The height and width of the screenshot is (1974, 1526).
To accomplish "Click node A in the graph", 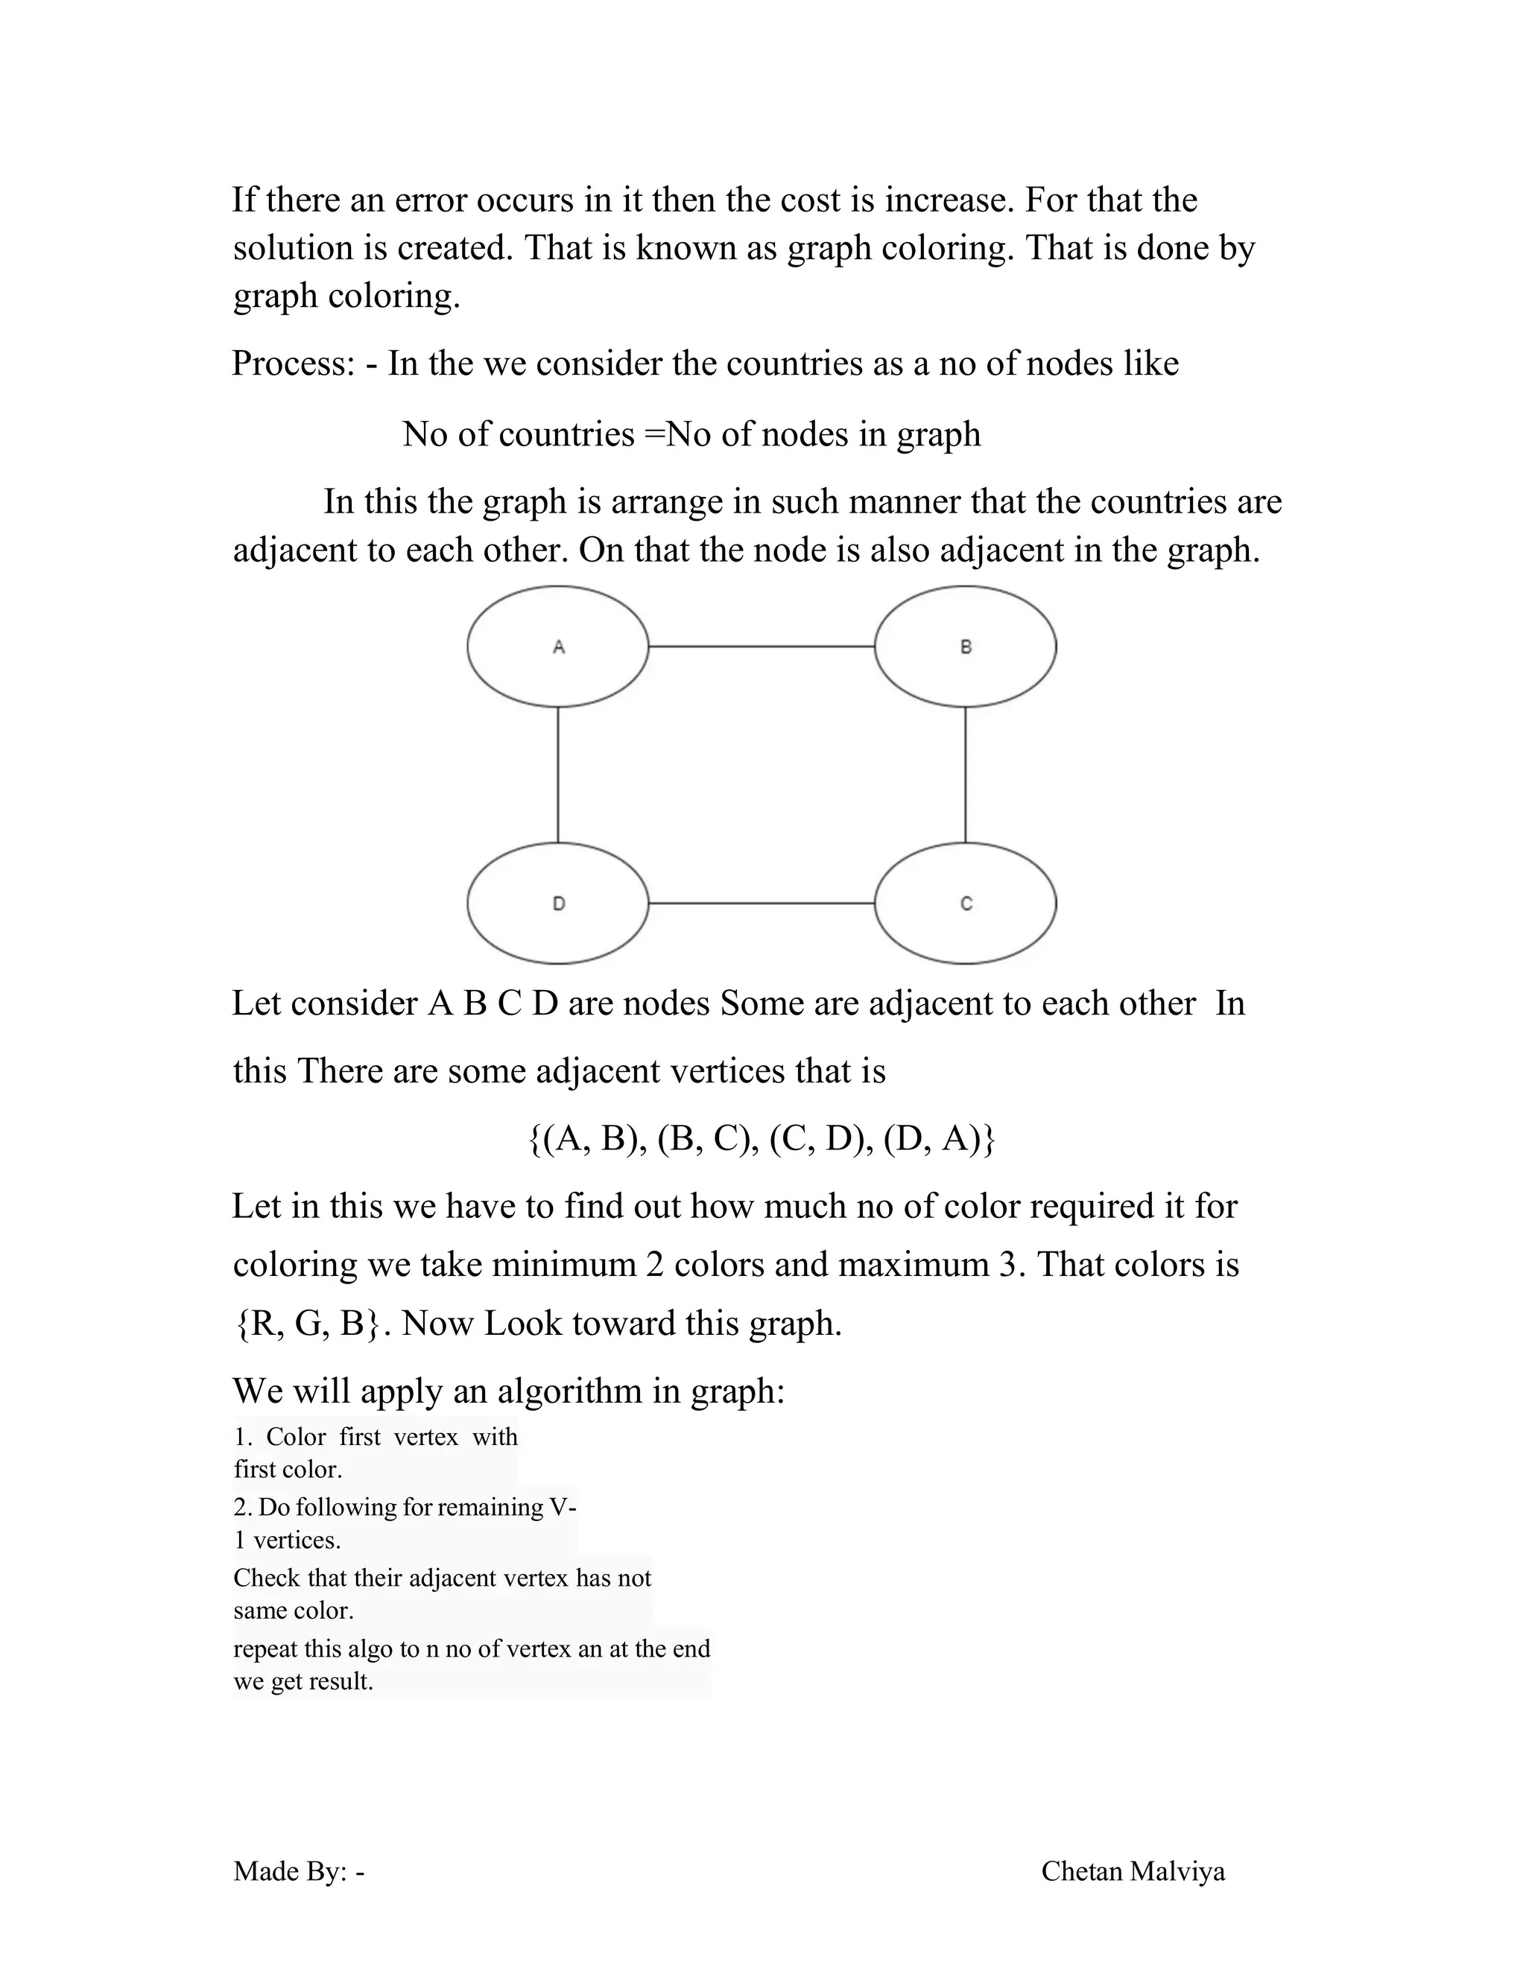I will pos(558,647).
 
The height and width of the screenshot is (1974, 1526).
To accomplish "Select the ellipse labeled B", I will pos(965,647).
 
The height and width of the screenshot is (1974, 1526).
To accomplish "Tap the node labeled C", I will pos(965,903).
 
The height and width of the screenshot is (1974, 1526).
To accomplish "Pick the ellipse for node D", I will pos(558,903).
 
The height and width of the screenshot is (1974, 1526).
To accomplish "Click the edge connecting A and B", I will pos(762,647).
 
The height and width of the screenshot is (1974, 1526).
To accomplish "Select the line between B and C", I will pos(965,775).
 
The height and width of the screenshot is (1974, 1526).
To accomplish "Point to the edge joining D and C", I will pos(762,903).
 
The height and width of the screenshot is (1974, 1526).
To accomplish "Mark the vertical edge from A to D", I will pos(558,775).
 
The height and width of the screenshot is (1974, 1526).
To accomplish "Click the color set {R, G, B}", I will pos(308,1324).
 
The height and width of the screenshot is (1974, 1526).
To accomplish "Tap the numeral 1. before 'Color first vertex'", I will pos(242,1437).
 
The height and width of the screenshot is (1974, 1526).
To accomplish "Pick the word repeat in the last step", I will pos(264,1649).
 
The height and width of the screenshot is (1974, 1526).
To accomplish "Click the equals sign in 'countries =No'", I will pos(653,435).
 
